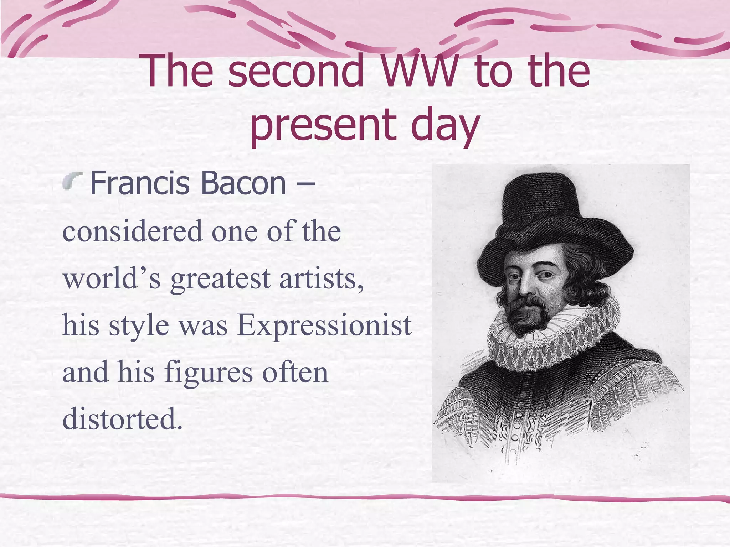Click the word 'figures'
208,373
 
